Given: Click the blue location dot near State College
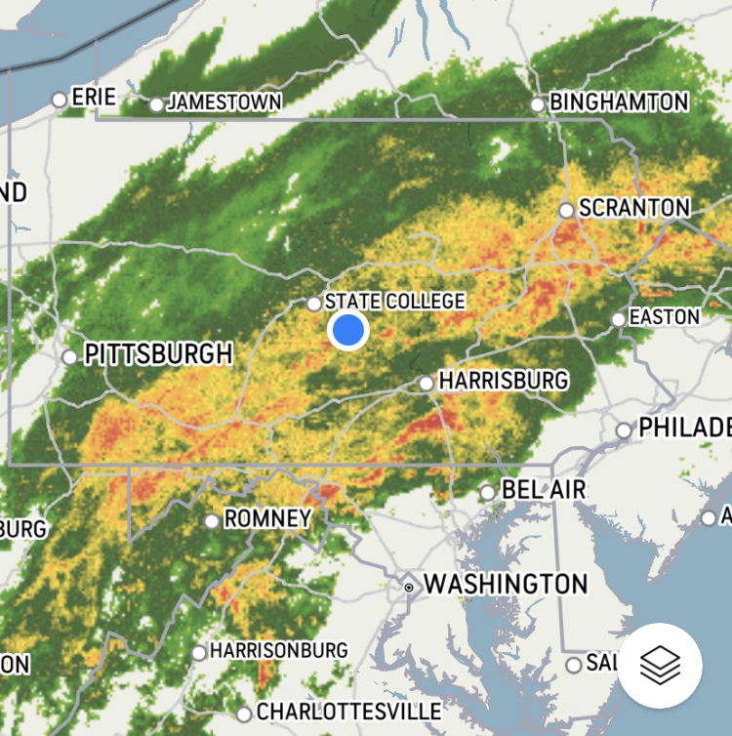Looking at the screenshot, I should point(348,331).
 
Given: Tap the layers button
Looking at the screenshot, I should point(660,665).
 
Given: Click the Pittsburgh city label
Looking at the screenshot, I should point(158,353).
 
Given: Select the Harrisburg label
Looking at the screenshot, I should point(503,380).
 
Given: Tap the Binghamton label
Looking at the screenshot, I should point(620,102).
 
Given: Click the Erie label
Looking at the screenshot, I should point(94,97).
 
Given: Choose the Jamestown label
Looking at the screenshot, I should point(224,102).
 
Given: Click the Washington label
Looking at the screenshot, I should point(506,585).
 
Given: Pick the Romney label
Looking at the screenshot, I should point(267,518).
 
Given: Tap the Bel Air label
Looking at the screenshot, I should point(544,490).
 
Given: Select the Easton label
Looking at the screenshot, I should point(665,317).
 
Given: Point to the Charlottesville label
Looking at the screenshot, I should point(348,711).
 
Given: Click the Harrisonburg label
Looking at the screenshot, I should point(279,649).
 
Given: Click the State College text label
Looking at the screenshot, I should point(394,301).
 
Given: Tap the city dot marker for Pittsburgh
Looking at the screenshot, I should point(70,357).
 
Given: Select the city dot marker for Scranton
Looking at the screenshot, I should point(566,210).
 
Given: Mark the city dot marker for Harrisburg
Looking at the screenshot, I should point(427,384).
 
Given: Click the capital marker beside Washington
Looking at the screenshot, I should point(409,587).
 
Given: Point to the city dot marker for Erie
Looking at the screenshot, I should point(60,100).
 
